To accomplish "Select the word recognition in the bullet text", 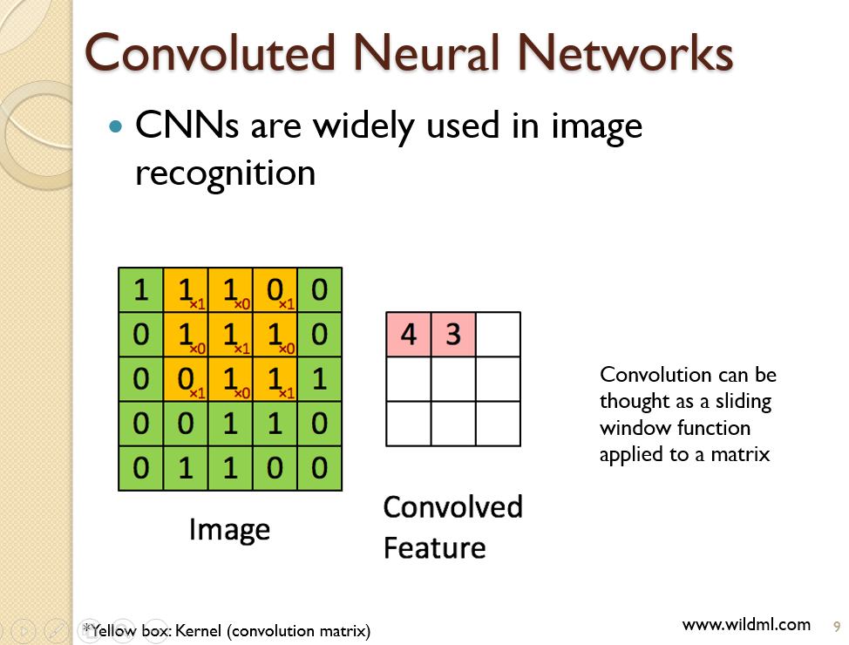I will (225, 173).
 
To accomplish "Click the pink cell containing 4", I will (408, 335).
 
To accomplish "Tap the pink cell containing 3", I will (453, 335).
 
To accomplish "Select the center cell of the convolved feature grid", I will (453, 379).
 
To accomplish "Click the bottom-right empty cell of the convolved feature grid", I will (498, 424).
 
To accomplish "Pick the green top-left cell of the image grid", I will (140, 289).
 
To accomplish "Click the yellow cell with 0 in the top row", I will (275, 289).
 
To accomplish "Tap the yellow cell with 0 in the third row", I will (185, 379).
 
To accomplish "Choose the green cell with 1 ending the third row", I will (319, 379).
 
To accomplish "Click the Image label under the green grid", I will (229, 529).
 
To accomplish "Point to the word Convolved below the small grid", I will (452, 506).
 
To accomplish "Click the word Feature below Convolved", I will (434, 547).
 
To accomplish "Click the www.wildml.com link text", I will (746, 624).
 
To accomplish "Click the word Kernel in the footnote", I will (199, 630).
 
